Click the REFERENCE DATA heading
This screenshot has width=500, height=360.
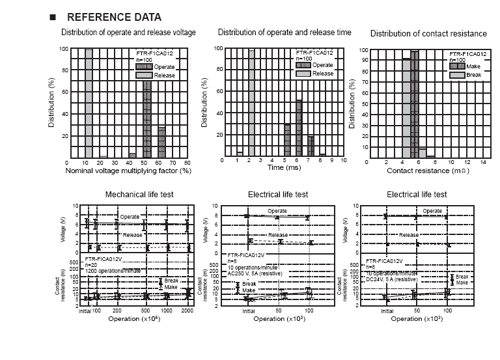114,17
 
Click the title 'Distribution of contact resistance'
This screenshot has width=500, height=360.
428,34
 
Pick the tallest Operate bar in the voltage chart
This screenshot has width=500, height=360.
147,117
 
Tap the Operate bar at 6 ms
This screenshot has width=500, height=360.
299,128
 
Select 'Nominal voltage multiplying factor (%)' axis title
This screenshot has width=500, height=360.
128,170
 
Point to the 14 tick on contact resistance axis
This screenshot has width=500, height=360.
483,162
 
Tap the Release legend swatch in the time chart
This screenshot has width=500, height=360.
303,74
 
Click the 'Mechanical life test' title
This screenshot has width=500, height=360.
139,195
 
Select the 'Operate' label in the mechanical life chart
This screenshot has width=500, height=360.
130,217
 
